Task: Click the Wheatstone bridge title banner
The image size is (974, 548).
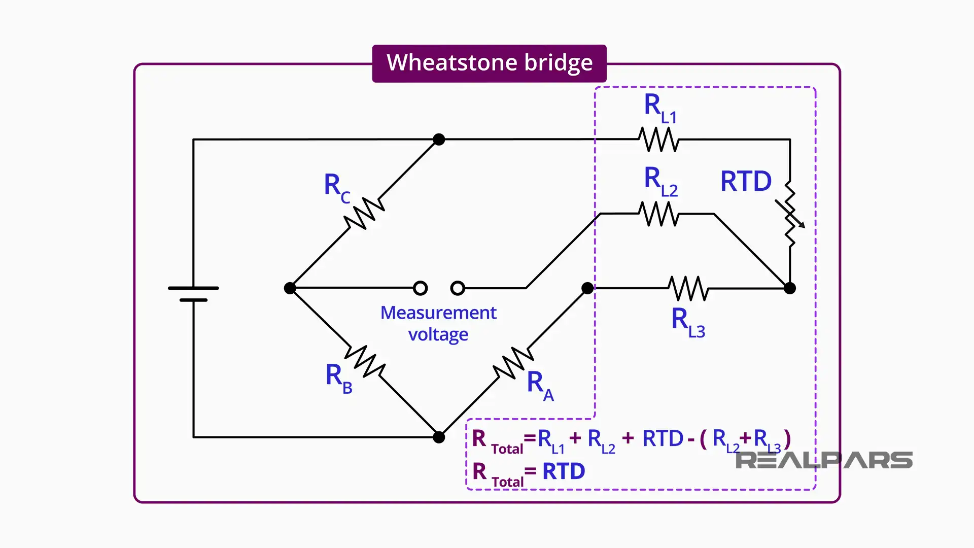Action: click(x=489, y=63)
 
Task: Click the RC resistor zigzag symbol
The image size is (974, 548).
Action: click(x=364, y=214)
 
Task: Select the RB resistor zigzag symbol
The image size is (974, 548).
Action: click(x=365, y=361)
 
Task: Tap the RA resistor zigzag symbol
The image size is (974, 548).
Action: click(x=513, y=363)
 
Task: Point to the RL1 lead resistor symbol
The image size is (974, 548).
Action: click(x=658, y=140)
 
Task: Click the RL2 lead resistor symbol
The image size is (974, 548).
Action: click(x=658, y=214)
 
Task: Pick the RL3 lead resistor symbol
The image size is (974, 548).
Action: click(x=688, y=288)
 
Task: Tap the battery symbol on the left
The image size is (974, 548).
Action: click(x=193, y=294)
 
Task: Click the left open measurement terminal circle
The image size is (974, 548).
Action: click(x=420, y=288)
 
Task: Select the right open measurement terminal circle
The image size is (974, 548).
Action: click(x=458, y=288)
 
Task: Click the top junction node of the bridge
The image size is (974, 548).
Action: click(x=439, y=140)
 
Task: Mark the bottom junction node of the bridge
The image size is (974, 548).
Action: click(x=439, y=437)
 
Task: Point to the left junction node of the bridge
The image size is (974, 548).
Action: click(x=290, y=288)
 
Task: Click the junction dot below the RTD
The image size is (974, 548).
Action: click(x=790, y=288)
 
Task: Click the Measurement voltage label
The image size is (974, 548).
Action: click(x=438, y=323)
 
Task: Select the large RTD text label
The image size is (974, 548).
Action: click(x=746, y=181)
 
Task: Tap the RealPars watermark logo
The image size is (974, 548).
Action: click(x=823, y=460)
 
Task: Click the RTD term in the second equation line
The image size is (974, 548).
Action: click(x=564, y=471)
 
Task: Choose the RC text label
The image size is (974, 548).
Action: click(x=337, y=187)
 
